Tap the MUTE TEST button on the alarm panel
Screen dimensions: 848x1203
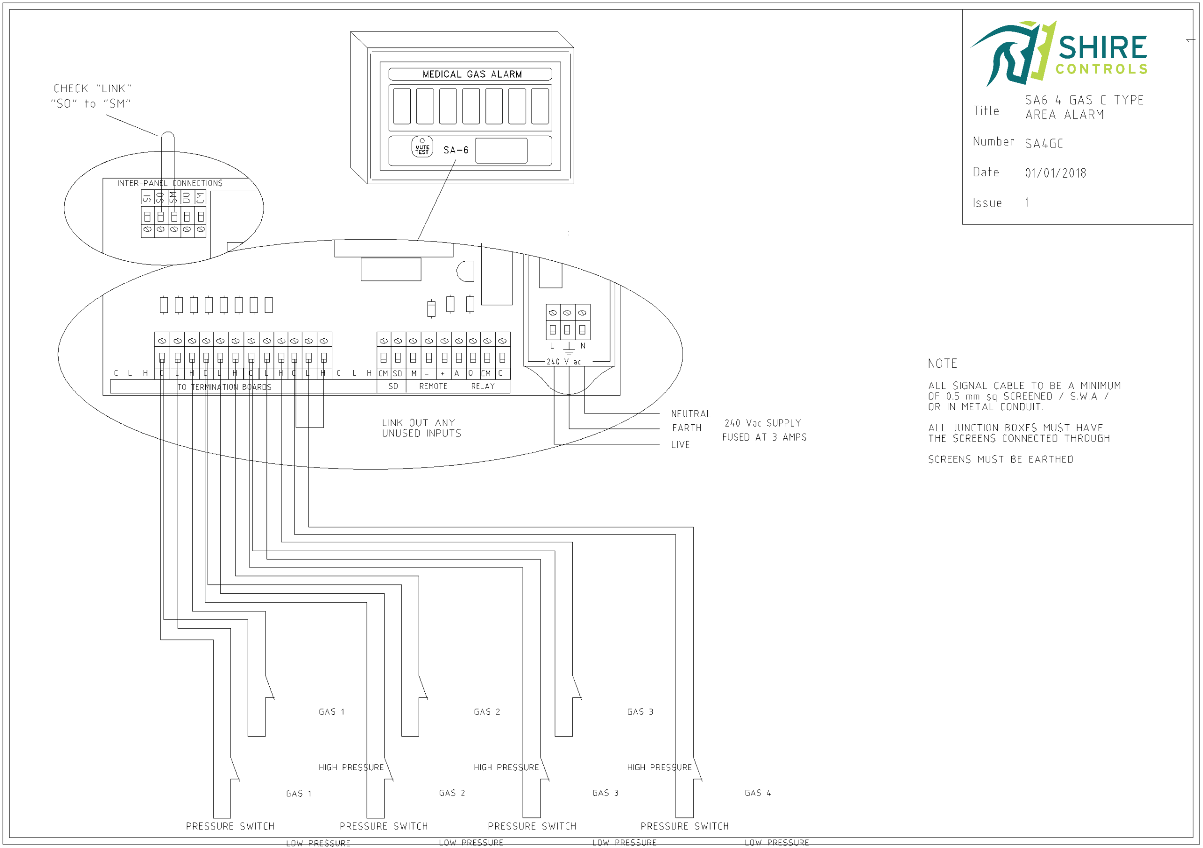pos(422,148)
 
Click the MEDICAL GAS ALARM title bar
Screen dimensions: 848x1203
pos(470,74)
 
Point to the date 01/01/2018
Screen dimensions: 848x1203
pos(1055,173)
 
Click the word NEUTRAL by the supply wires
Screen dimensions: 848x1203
pos(690,414)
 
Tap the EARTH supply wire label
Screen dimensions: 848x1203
pos(687,428)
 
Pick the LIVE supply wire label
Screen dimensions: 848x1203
pos(680,445)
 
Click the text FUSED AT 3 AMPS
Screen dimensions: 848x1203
pos(764,437)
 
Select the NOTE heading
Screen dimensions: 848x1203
pos(942,364)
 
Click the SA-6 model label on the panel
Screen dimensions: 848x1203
pos(455,150)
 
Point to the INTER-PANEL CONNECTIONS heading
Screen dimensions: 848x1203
pos(170,183)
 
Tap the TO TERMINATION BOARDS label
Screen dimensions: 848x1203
pos(224,387)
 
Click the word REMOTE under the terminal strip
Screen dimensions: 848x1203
pos(433,387)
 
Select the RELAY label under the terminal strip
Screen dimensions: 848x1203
pos(483,387)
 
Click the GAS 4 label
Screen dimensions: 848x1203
pos(758,793)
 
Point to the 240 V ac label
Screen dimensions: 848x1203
pos(563,362)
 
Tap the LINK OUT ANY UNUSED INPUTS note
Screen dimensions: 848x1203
pos(421,428)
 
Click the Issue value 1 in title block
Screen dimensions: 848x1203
pos(1027,202)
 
